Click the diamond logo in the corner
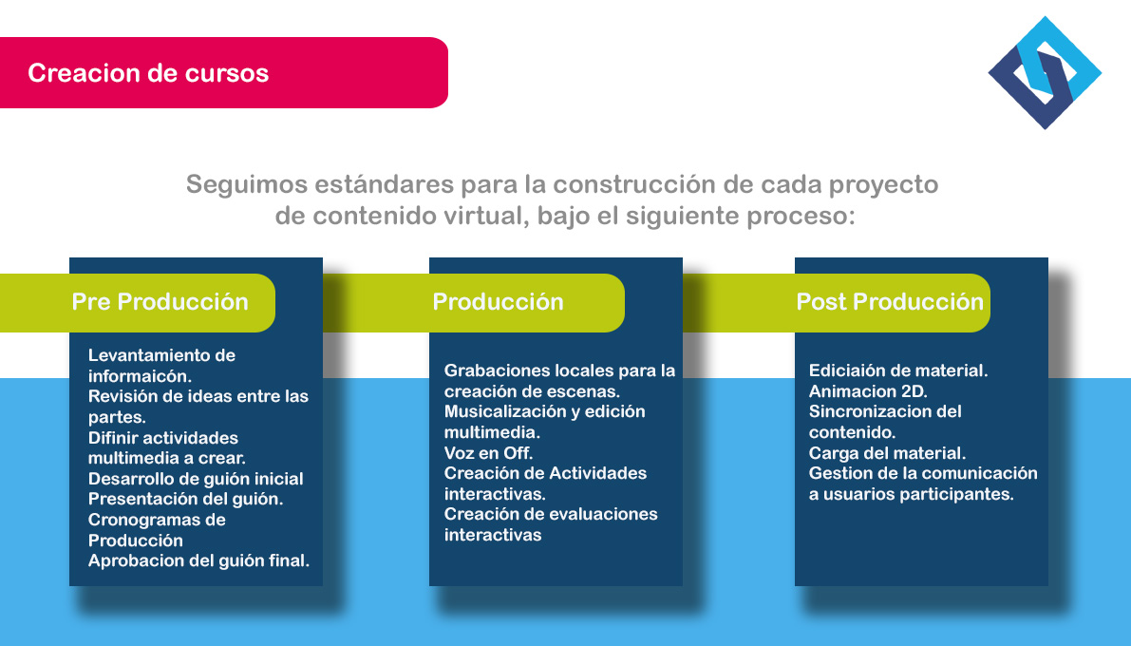1045,73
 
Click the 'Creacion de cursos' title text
148,73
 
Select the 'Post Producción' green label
890,302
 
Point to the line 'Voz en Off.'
488,453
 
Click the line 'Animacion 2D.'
868,391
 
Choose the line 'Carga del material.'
887,453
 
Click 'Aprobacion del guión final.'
198,560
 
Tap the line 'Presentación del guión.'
185,499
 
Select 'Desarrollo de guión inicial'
196,479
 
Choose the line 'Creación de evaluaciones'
551,514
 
